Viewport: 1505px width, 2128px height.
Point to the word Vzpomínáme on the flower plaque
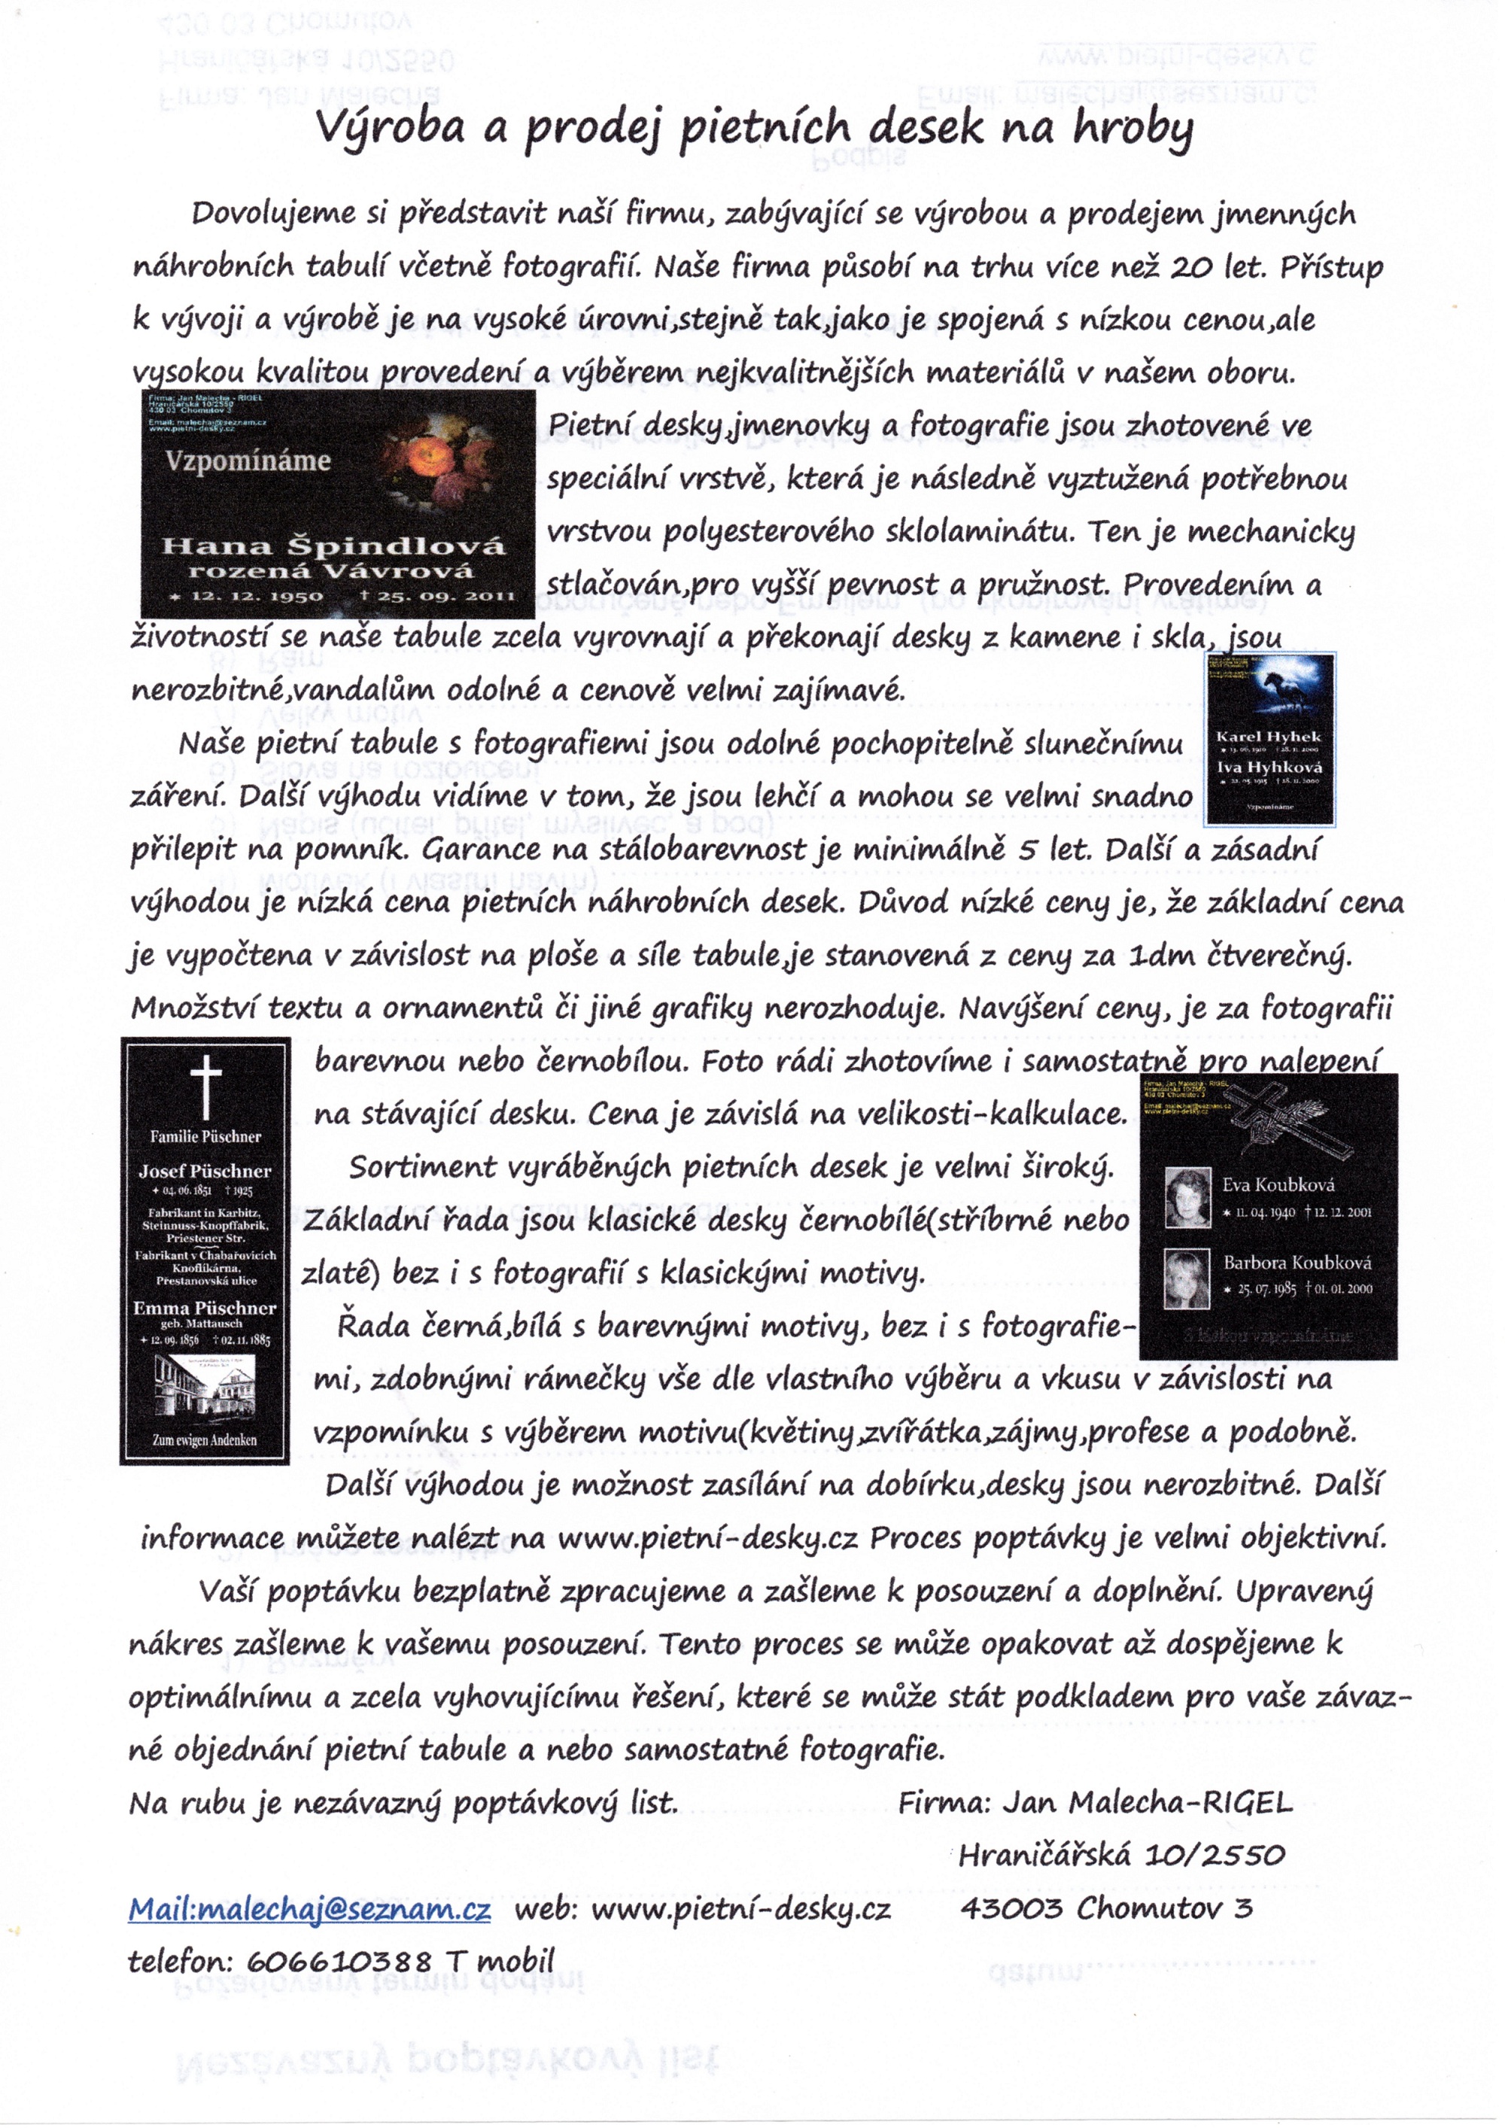(248, 461)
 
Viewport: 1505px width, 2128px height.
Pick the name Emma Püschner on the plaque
(205, 1308)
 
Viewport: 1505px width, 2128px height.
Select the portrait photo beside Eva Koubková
(1188, 1196)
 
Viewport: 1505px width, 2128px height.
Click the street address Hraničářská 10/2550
(1121, 1856)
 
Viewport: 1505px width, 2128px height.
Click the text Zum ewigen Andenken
(205, 1440)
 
